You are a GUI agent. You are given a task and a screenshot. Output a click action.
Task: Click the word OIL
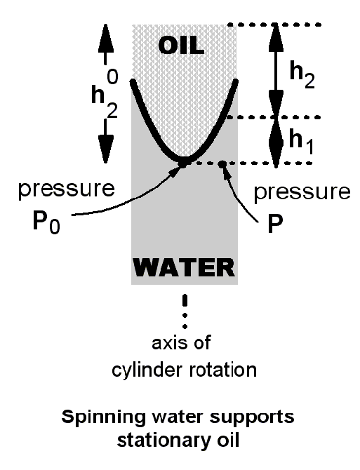tap(181, 46)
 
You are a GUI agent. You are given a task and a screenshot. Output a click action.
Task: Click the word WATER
tap(184, 267)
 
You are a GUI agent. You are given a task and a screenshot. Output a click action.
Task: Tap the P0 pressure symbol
tap(46, 222)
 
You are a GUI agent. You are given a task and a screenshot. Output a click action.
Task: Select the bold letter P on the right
tap(275, 223)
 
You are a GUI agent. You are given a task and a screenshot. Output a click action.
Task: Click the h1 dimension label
tap(302, 142)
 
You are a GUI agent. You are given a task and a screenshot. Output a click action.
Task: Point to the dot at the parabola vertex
tap(183, 163)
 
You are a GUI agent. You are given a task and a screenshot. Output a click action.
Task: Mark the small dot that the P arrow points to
tap(222, 163)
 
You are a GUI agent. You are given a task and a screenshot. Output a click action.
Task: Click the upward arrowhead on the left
tap(105, 39)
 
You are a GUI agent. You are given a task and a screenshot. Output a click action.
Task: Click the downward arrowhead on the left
tap(105, 149)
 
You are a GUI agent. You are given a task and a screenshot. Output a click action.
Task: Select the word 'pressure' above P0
tap(67, 189)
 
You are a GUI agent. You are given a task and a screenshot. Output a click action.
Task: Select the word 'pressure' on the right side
tap(302, 192)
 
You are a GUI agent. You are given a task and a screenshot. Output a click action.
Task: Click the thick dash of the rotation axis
tap(185, 301)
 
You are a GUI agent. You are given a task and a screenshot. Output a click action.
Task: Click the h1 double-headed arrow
tap(276, 140)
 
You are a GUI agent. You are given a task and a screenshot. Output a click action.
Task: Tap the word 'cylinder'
tap(147, 370)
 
